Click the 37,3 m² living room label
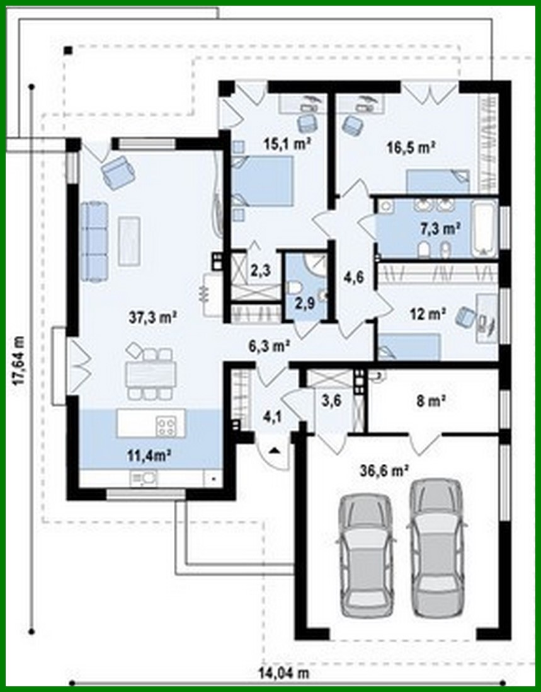pos(152,318)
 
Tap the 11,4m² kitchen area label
pos(151,455)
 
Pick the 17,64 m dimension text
pos(20,359)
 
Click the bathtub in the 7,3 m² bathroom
pos(484,228)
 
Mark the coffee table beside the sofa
pos(129,240)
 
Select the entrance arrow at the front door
pos(275,451)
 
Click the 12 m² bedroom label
pos(433,313)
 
